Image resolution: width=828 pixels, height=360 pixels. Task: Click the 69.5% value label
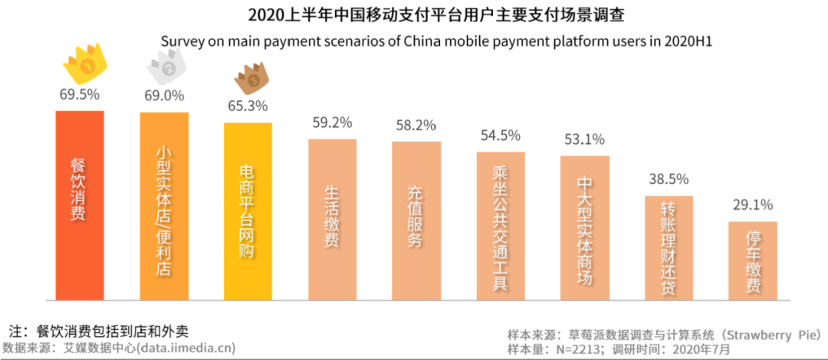pos(79,96)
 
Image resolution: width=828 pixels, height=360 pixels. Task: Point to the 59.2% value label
pos(332,123)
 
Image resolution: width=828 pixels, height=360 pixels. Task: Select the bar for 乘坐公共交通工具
pos(501,225)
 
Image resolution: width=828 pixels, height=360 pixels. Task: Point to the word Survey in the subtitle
pos(181,41)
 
